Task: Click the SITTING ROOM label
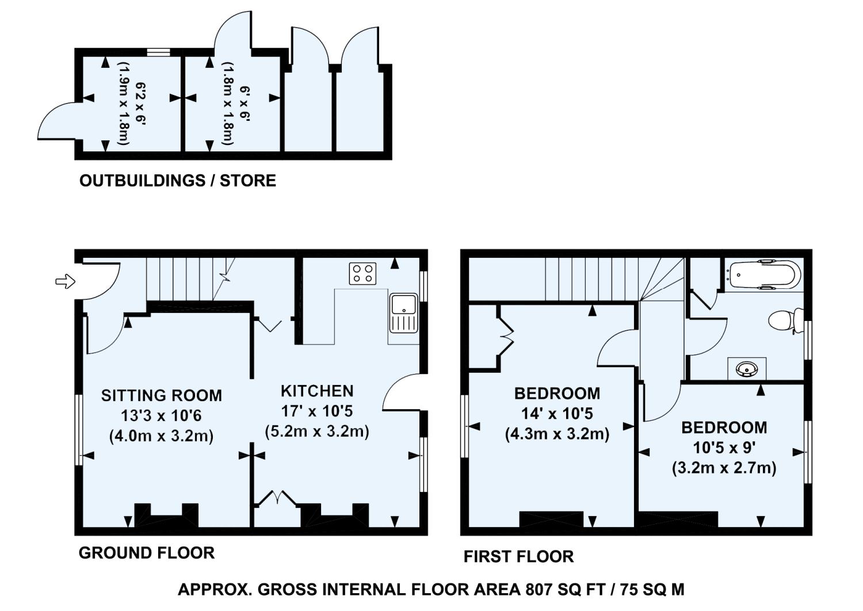(x=162, y=396)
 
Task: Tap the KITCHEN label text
(x=317, y=391)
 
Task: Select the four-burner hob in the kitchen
(x=362, y=273)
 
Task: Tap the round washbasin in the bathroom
(x=747, y=369)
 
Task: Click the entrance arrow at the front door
(x=65, y=281)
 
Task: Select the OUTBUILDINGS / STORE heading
(x=178, y=181)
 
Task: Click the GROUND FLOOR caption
(x=147, y=553)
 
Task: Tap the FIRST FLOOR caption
(x=518, y=557)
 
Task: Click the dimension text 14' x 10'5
(x=557, y=414)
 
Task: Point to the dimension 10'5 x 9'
(x=724, y=448)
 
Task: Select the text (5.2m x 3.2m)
(x=317, y=431)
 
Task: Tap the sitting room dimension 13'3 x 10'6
(x=162, y=416)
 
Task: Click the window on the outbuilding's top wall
(x=159, y=52)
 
